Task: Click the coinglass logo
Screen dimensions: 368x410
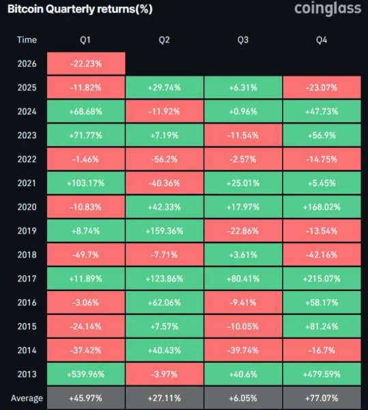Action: pyautogui.click(x=328, y=9)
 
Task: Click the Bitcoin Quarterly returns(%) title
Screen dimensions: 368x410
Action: pyautogui.click(x=80, y=9)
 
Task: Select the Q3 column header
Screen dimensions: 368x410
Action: pyautogui.click(x=243, y=40)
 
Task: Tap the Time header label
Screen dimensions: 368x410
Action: pyautogui.click(x=27, y=40)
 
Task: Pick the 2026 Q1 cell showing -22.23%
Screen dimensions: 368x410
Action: pyautogui.click(x=86, y=64)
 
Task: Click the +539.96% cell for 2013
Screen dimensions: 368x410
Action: pyautogui.click(x=86, y=374)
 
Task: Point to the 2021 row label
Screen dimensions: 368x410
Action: pyautogui.click(x=27, y=183)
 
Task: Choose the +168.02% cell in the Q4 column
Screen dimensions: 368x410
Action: pyautogui.click(x=322, y=207)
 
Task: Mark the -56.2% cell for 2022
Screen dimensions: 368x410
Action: pyautogui.click(x=165, y=159)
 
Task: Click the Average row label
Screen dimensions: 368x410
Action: pyautogui.click(x=27, y=398)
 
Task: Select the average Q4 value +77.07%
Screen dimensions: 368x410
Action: pyautogui.click(x=322, y=398)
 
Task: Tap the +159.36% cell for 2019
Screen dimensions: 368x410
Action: pyautogui.click(x=165, y=231)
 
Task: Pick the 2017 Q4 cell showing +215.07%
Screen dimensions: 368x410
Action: pyautogui.click(x=322, y=279)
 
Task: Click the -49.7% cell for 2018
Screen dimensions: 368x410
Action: pyautogui.click(x=86, y=255)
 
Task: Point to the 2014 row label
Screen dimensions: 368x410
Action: pyautogui.click(x=27, y=351)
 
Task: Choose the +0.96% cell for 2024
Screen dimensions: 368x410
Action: pyautogui.click(x=243, y=111)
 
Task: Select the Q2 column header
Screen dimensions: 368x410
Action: pyautogui.click(x=165, y=40)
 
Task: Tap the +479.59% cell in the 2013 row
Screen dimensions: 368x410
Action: pyautogui.click(x=322, y=374)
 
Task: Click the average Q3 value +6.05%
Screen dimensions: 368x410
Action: pyautogui.click(x=243, y=398)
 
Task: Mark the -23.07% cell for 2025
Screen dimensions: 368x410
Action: pyautogui.click(x=322, y=87)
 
